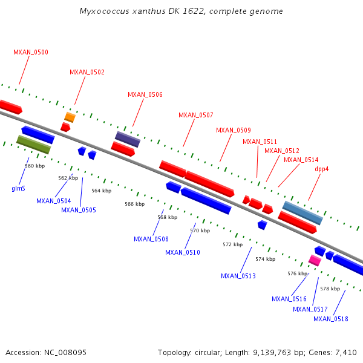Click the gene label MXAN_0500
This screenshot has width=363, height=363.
(x=31, y=52)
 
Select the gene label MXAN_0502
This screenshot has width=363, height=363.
(x=87, y=72)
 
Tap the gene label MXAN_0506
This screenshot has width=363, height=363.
(x=145, y=94)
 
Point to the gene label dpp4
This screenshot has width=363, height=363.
(x=322, y=169)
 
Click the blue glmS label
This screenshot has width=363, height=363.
(x=18, y=188)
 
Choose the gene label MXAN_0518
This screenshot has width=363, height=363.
(x=331, y=319)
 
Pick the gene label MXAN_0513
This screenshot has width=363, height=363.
(x=238, y=276)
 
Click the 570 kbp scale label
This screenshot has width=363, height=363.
(x=200, y=231)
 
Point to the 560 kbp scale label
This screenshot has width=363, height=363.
(x=34, y=166)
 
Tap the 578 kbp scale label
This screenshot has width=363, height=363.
(x=330, y=289)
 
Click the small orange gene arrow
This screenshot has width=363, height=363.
(x=70, y=117)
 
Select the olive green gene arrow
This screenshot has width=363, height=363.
(x=34, y=144)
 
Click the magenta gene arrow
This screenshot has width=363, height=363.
(x=315, y=260)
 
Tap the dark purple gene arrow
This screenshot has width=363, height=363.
(x=128, y=139)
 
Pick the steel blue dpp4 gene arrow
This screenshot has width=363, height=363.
(x=302, y=212)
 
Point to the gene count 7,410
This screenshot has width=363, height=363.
(x=345, y=352)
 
